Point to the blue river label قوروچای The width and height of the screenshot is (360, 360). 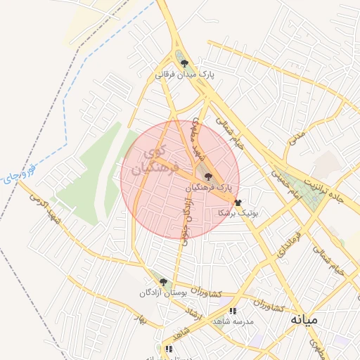point(18,172)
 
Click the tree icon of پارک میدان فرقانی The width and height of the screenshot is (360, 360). point(185,63)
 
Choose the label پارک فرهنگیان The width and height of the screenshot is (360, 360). point(209,188)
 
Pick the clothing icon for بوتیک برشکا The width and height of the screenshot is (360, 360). point(238,202)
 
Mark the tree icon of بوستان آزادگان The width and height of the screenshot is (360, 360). point(163,282)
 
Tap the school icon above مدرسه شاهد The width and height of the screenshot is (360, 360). point(233,311)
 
